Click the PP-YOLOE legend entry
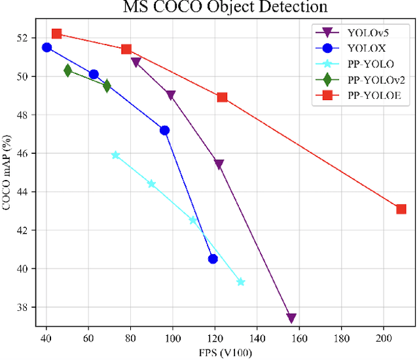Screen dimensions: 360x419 point(367,96)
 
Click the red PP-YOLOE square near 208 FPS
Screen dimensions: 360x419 point(401,209)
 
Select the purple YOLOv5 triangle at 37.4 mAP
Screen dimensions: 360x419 point(291,318)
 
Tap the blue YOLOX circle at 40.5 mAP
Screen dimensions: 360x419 point(213,259)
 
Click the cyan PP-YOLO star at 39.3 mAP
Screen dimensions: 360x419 point(240,282)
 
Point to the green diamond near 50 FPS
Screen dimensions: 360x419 point(67,70)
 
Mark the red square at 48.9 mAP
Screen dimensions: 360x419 point(222,97)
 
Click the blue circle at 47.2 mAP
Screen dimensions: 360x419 point(164,130)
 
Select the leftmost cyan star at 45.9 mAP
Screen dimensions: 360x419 point(116,155)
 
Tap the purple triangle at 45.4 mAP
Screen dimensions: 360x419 point(219,164)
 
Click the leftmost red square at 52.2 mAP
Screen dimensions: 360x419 point(56,33)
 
